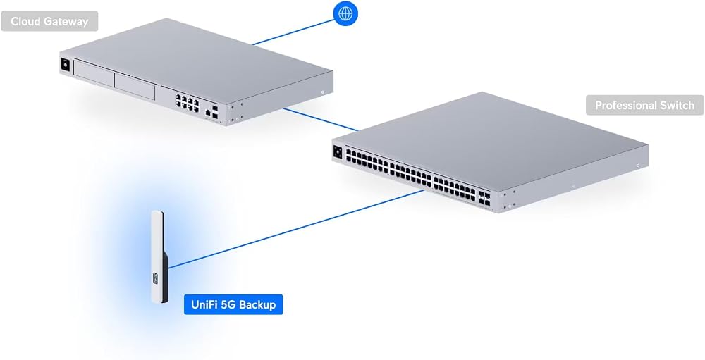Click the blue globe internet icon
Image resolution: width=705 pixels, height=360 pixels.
pos(345,13)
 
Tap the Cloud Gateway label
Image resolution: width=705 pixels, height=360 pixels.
pos(49,21)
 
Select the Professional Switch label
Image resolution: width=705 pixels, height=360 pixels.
pos(645,105)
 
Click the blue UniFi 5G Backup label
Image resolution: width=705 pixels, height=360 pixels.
pos(233,304)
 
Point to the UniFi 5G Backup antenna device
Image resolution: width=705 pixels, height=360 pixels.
pos(159,256)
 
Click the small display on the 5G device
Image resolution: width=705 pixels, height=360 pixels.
pos(156,279)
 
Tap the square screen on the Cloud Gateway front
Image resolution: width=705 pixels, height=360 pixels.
pos(66,65)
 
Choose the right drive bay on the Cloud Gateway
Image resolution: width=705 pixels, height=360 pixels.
pos(135,86)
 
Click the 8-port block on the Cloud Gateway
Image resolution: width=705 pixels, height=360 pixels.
pos(187,103)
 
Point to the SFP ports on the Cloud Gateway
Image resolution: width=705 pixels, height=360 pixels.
pos(215,113)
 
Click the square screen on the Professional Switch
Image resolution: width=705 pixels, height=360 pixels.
pos(338,151)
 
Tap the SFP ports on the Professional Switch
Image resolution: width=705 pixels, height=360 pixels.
pos(485,198)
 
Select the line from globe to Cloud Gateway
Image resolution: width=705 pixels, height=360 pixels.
pos(293,32)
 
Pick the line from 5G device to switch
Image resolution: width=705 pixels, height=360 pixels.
pos(296,229)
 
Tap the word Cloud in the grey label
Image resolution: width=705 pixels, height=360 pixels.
pos(23,21)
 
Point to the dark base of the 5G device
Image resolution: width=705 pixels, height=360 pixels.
pos(164,279)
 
